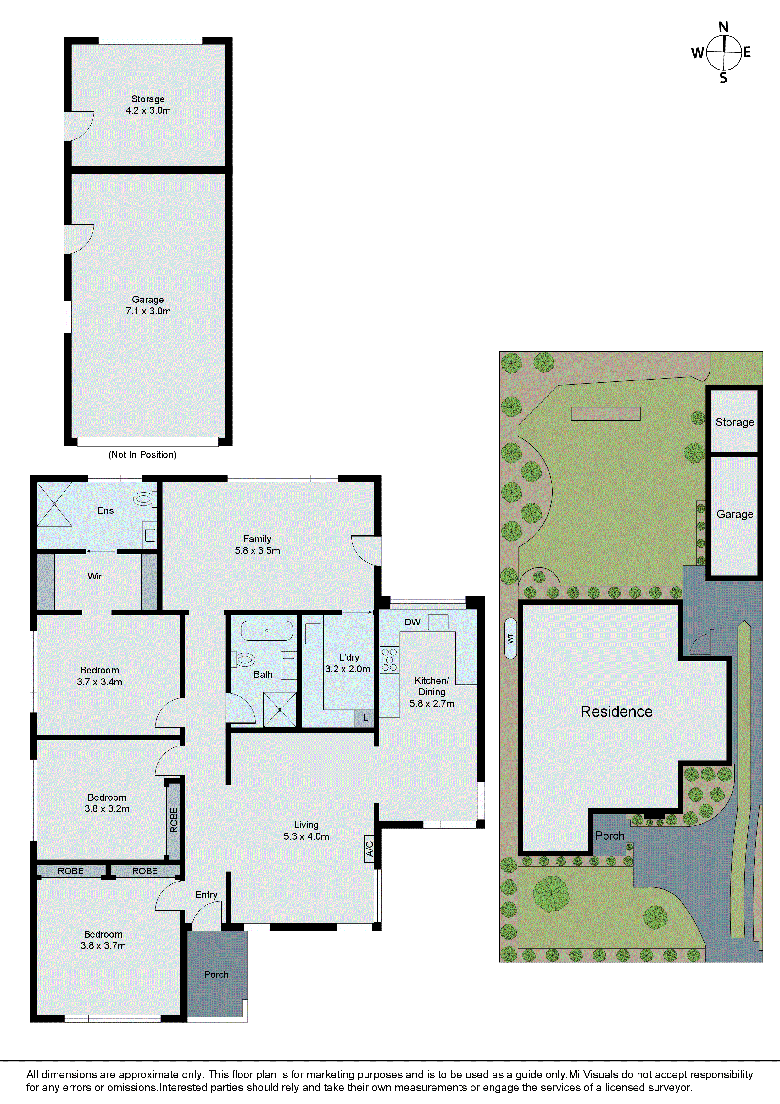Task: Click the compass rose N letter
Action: tap(723, 27)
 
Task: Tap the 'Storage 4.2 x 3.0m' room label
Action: tap(148, 105)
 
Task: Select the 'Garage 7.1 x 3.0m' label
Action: tap(148, 305)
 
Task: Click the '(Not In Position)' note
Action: tap(142, 454)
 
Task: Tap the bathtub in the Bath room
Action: tap(267, 630)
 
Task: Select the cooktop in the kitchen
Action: tap(390, 660)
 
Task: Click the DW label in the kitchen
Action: tap(412, 622)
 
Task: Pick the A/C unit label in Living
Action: tap(369, 849)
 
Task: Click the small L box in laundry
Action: tap(365, 718)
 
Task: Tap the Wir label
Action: tap(95, 576)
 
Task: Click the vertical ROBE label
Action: tap(174, 820)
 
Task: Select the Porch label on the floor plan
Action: tap(216, 974)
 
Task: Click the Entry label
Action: tap(206, 894)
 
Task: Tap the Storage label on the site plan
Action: tap(734, 422)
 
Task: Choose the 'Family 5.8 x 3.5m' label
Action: tap(257, 545)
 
